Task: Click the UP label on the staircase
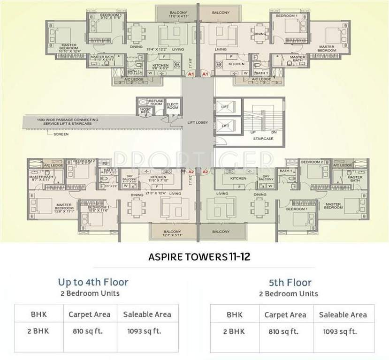pos(252,133)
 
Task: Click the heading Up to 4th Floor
pos(93,282)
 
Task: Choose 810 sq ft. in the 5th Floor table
pos(285,332)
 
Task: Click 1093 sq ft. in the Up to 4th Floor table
pos(144,331)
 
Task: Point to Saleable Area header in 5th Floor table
pos(343,315)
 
